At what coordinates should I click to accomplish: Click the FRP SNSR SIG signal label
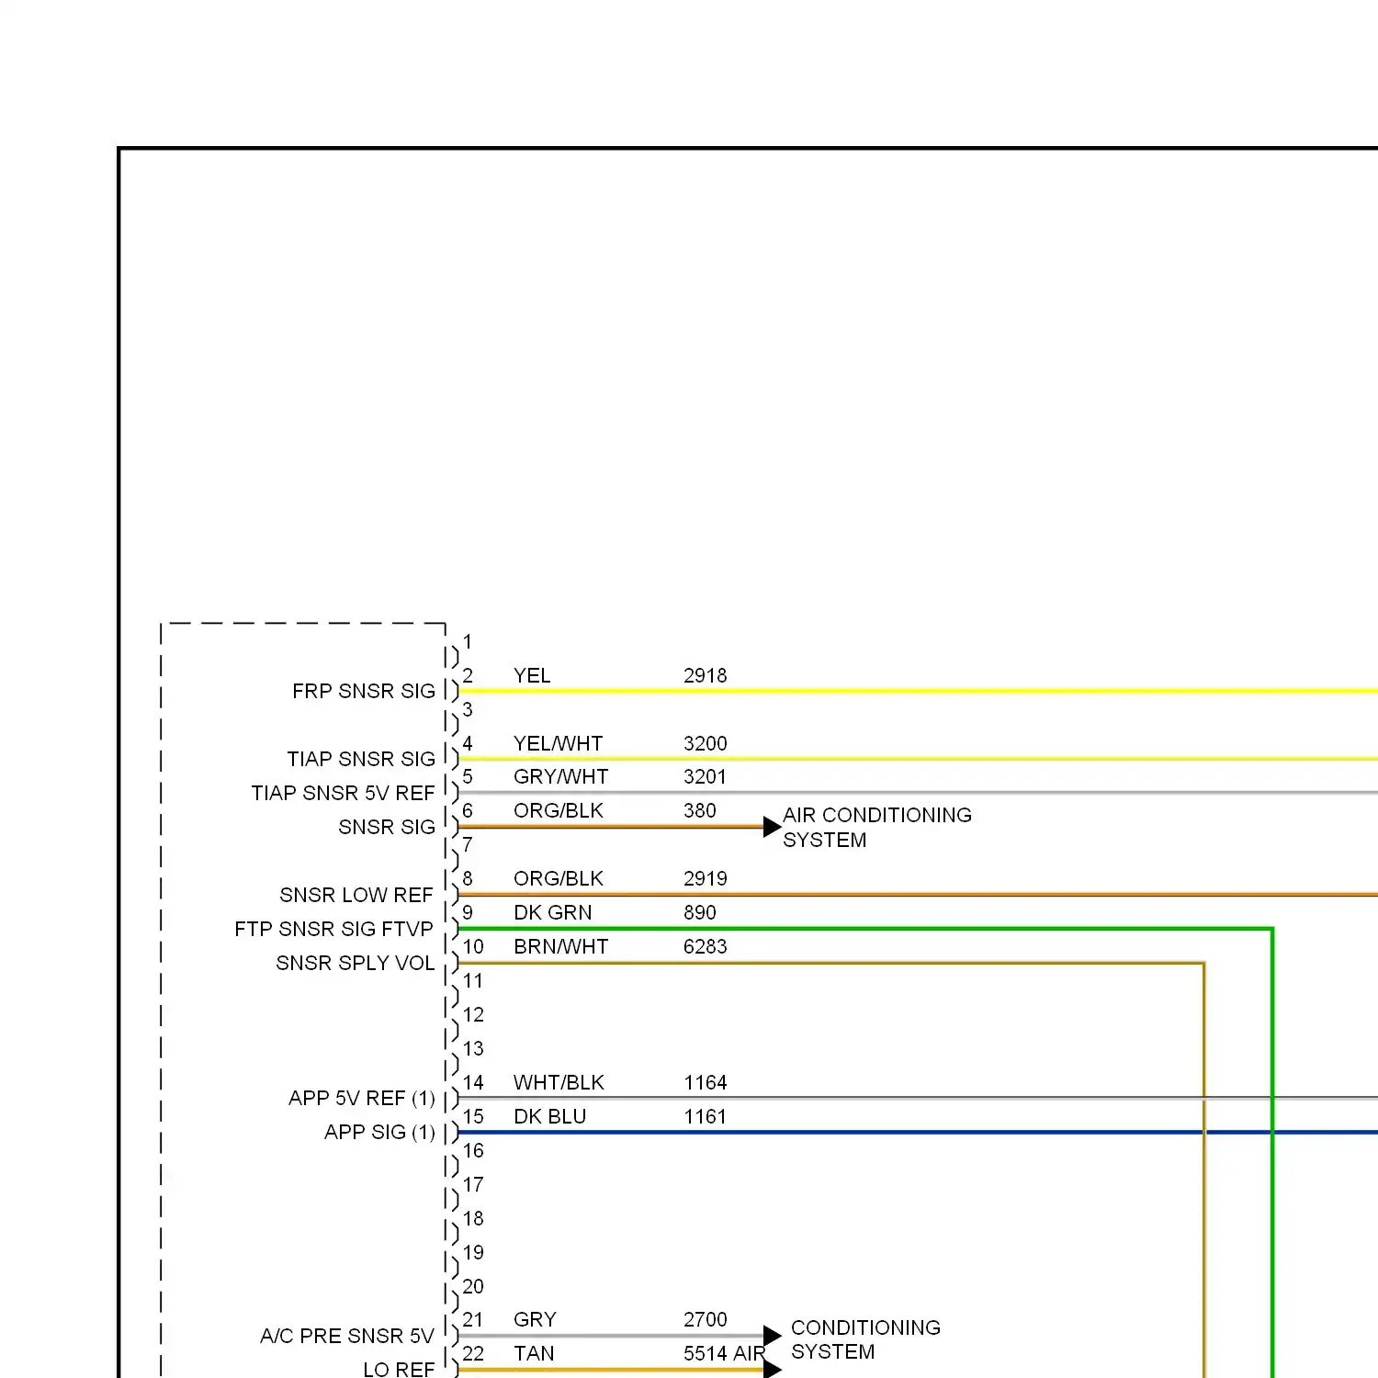click(363, 691)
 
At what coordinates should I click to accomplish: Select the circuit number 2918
click(705, 676)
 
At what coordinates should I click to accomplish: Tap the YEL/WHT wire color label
click(558, 744)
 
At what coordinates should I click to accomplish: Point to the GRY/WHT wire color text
click(560, 777)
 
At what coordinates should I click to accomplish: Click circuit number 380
click(699, 811)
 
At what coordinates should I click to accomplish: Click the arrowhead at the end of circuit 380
click(772, 827)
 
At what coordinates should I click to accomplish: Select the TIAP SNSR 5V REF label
click(343, 793)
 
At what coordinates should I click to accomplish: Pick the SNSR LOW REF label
click(356, 895)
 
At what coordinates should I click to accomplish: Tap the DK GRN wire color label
click(552, 913)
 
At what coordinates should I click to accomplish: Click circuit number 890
click(699, 913)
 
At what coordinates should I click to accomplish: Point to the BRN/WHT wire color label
click(560, 947)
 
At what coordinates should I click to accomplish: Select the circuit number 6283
click(705, 947)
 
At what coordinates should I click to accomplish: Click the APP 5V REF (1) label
click(361, 1099)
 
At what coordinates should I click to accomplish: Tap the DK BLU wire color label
click(549, 1117)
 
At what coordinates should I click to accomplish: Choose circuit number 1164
click(705, 1083)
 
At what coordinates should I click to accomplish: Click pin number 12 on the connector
click(473, 1015)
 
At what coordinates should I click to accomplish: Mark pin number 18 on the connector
click(473, 1219)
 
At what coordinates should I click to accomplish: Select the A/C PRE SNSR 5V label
click(346, 1336)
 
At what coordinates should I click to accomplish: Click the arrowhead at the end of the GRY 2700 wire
click(772, 1336)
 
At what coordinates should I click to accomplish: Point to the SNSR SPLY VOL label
click(355, 963)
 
